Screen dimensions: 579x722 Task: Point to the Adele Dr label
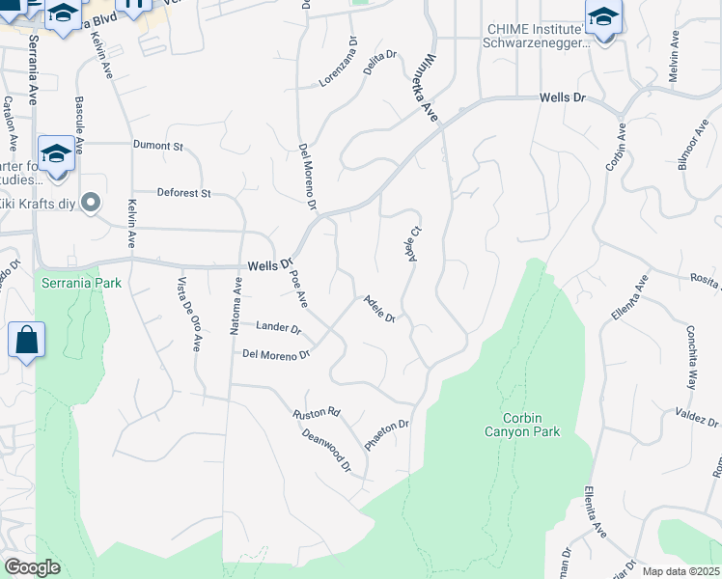coord(378,310)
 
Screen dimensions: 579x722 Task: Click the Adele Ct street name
coord(413,243)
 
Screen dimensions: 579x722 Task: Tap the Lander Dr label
coord(279,328)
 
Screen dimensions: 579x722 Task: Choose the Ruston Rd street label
coord(317,413)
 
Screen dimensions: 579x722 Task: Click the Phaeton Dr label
coord(387,434)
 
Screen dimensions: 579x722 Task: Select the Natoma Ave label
coord(235,306)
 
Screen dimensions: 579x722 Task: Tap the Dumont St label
coord(158,146)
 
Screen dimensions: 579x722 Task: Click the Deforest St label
coord(184,193)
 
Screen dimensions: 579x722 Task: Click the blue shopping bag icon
coord(26,341)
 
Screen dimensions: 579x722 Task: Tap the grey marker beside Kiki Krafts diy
coord(91,202)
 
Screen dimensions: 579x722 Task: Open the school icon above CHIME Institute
coord(603,17)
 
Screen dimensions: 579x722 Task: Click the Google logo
coord(32,567)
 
